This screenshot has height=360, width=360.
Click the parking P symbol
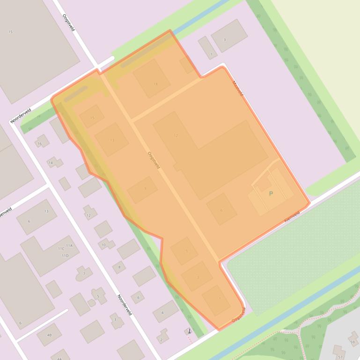pos(271,194)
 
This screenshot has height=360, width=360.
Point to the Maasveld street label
pos(238,88)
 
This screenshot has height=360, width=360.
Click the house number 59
pos(352,342)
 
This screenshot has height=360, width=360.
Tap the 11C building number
pos(61,249)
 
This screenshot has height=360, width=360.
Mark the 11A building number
pos(69,245)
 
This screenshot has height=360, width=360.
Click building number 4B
pos(49,335)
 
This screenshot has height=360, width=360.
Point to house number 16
pos(40,144)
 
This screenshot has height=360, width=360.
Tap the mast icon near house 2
pos(189,331)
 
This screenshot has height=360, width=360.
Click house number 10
pos(103,245)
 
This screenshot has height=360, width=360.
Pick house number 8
pos(119,267)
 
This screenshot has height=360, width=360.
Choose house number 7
pos(84,274)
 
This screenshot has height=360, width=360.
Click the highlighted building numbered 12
pos(176,136)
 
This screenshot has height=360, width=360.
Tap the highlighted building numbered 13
pos(112,140)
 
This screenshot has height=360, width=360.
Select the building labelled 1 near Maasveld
pos(211,55)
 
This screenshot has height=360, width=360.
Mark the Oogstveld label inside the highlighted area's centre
pos(154,160)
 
